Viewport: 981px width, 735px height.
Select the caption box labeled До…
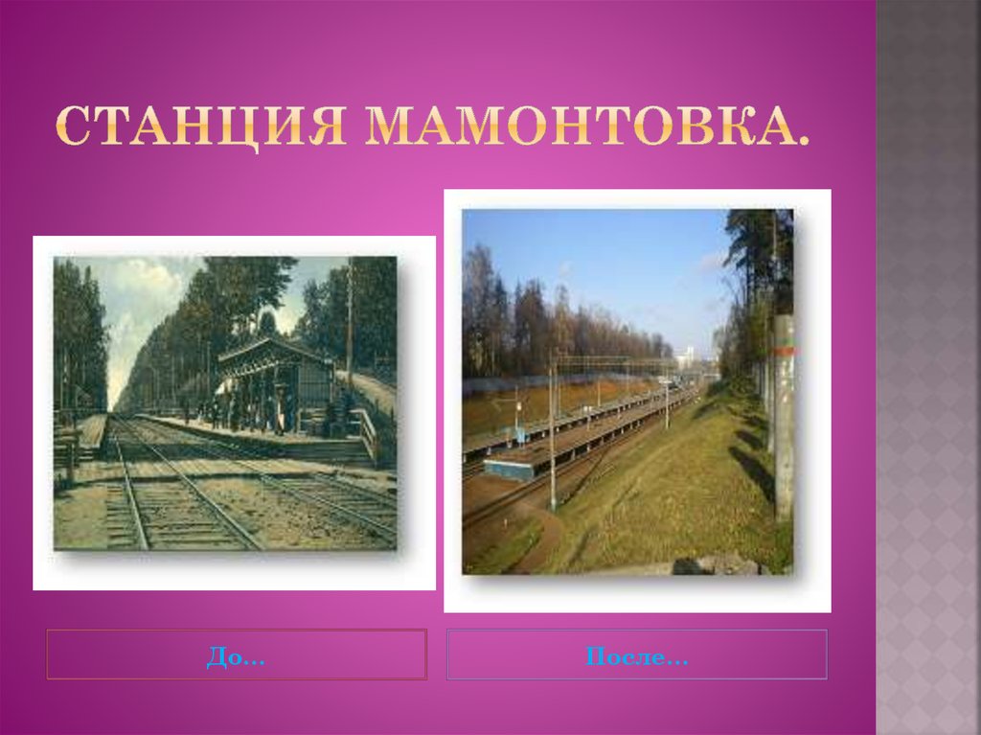[237, 655]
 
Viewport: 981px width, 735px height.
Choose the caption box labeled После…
[637, 655]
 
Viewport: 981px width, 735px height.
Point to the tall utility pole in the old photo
[350, 316]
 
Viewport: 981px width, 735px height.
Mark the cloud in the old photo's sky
[144, 287]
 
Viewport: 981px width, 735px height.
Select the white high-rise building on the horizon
[687, 359]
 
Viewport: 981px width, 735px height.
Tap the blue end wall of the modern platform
[508, 471]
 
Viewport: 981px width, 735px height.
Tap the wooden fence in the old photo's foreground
[67, 450]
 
